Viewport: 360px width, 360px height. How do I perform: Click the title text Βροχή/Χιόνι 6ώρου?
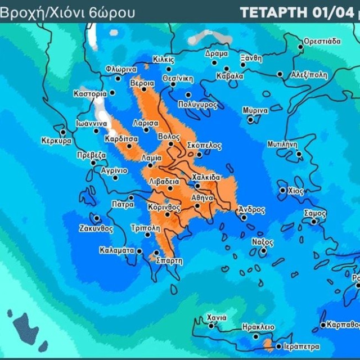click(x=67, y=12)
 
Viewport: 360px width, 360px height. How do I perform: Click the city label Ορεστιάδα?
click(x=322, y=41)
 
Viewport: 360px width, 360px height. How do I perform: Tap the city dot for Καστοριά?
click(x=112, y=93)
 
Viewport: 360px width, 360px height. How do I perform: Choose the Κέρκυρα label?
click(x=57, y=141)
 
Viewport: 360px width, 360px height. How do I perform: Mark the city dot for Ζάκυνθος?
click(x=97, y=218)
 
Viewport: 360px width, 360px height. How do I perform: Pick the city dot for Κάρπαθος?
click(x=322, y=325)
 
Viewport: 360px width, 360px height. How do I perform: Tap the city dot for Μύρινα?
click(x=250, y=119)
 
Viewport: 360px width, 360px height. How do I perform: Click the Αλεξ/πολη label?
click(x=308, y=75)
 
